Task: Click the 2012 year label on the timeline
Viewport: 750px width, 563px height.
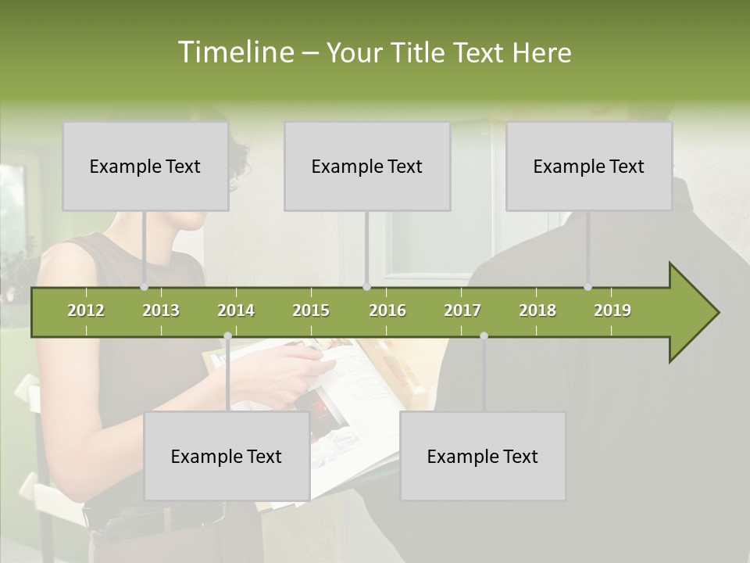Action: point(86,310)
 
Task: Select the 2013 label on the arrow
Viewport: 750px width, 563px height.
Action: point(161,310)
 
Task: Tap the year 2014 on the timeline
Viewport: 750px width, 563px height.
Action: point(236,310)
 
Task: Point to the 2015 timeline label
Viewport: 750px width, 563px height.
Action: point(311,310)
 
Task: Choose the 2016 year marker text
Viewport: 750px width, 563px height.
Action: point(387,310)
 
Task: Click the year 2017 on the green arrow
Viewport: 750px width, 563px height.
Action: point(462,310)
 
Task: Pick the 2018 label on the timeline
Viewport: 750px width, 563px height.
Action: point(537,310)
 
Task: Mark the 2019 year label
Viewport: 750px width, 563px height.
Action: point(612,310)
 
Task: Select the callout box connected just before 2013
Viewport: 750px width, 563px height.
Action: point(145,166)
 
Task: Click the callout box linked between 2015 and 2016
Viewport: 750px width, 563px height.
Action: point(367,166)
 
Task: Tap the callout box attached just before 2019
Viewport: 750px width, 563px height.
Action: point(589,166)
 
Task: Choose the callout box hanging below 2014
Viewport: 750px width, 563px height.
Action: point(227,456)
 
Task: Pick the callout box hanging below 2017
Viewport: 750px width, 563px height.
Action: point(483,456)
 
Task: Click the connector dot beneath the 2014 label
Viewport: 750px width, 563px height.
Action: point(227,336)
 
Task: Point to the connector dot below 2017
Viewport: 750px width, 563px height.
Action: point(484,336)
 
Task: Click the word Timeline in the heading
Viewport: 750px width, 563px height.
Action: point(235,52)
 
